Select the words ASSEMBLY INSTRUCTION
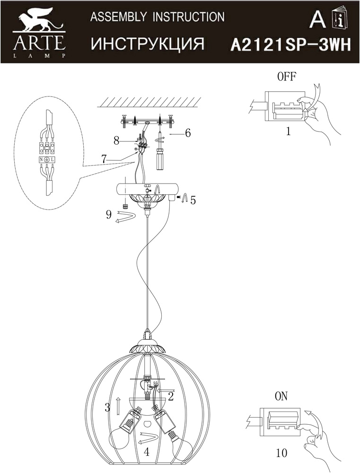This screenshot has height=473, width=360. coord(157,17)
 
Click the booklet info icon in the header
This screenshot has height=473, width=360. coord(339,19)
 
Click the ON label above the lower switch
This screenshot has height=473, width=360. coord(281,396)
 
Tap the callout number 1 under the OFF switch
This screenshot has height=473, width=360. coord(288,131)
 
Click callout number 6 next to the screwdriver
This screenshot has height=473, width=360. coord(187,133)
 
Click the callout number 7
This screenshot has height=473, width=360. coord(104,159)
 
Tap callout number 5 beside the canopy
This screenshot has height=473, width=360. coord(193,200)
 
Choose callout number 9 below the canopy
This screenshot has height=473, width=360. coord(109,215)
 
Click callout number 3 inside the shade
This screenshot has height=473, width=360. coord(107,406)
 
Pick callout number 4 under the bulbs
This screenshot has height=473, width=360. coord(147,452)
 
